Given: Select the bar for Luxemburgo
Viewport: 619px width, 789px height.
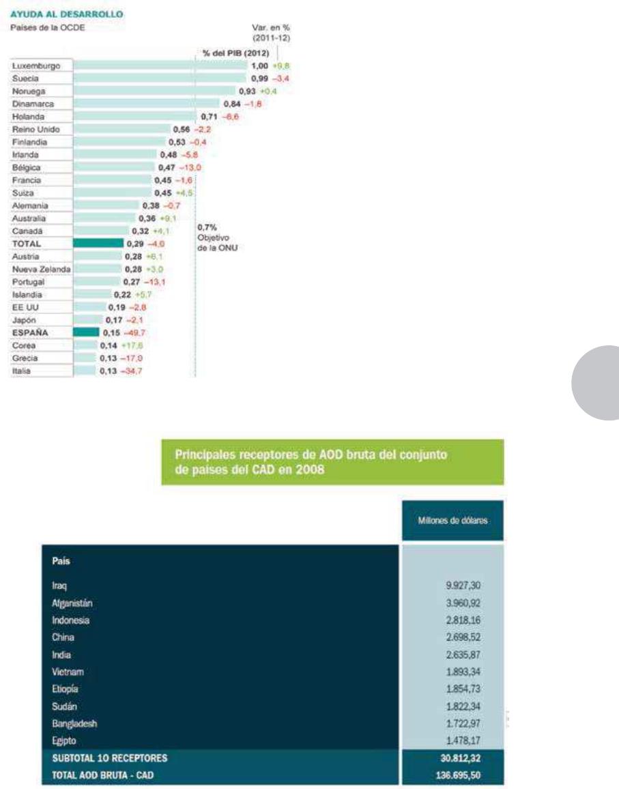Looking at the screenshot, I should (160, 66).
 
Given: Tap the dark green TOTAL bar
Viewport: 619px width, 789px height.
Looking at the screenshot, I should (98, 243).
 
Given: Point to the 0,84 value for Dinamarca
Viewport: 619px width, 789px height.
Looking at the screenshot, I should (233, 104).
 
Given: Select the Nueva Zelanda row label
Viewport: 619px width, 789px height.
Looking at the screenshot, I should (41, 269).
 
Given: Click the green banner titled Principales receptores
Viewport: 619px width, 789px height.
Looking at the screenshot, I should (332, 461).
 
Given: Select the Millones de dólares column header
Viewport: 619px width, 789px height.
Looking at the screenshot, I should (452, 521).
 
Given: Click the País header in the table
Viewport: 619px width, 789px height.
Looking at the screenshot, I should (61, 561).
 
